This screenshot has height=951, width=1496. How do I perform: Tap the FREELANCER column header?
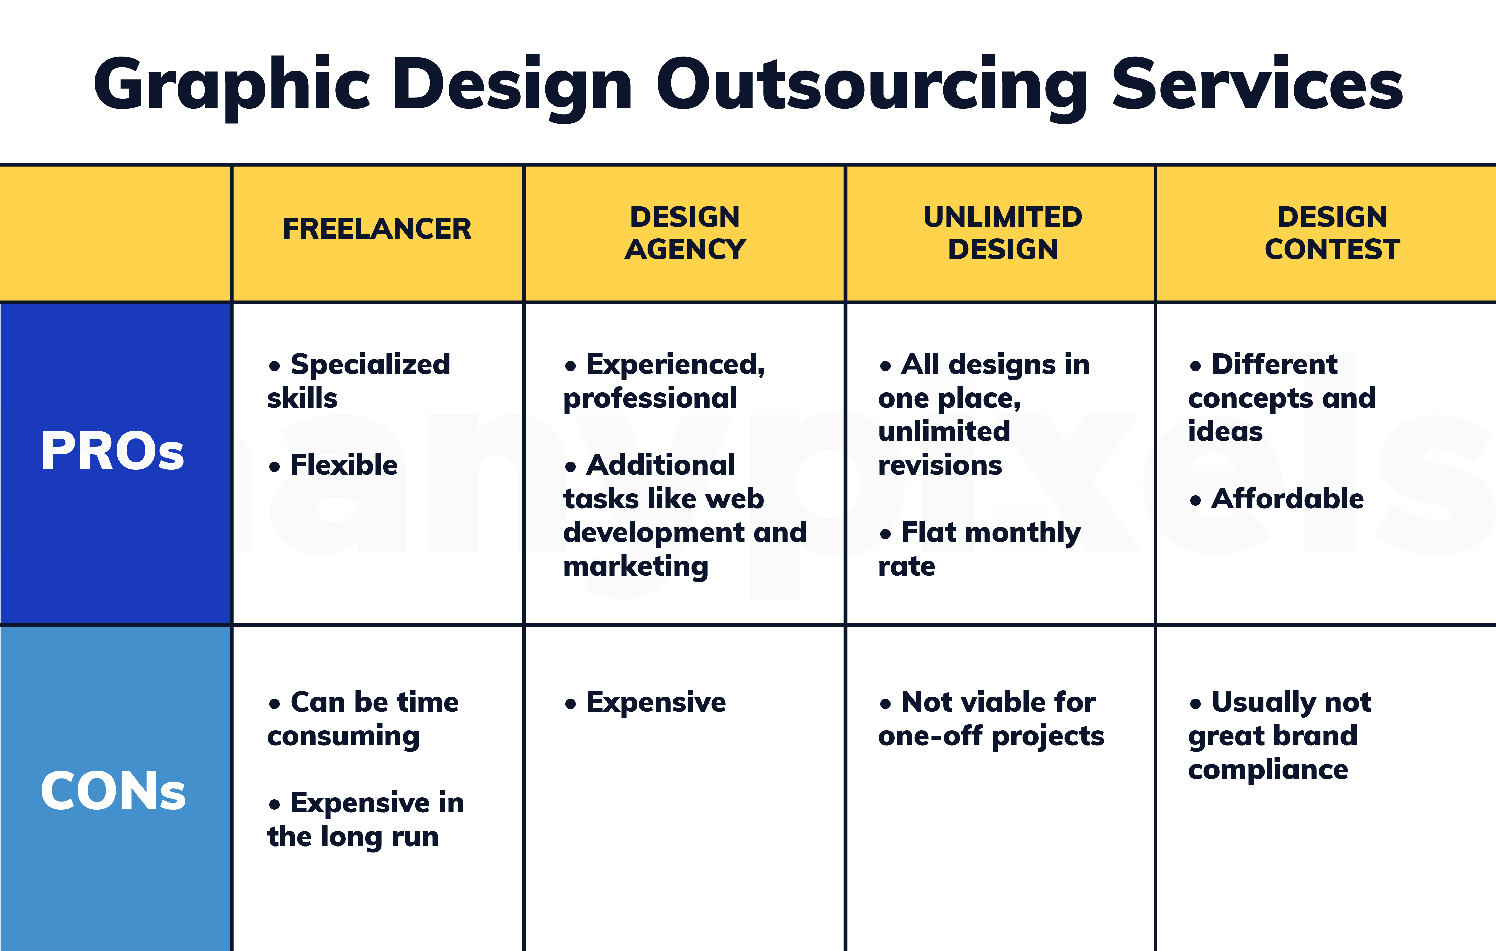point(376,229)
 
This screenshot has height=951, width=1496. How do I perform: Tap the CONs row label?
point(112,791)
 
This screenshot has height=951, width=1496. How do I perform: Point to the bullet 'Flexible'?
point(343,465)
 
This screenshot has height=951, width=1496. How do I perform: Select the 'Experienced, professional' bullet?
point(664,380)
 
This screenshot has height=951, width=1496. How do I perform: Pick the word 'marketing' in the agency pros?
point(635,566)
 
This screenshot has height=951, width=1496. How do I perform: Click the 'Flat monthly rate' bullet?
point(979,549)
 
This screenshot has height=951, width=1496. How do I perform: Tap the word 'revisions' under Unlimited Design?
point(939,465)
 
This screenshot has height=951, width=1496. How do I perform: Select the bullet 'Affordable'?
point(1287,498)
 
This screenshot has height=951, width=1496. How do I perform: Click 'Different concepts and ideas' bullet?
point(1281,398)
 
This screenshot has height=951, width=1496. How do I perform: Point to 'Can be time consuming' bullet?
point(363,719)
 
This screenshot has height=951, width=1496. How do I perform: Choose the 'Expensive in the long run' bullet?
point(365,819)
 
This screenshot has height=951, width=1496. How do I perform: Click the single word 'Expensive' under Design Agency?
point(655,703)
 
